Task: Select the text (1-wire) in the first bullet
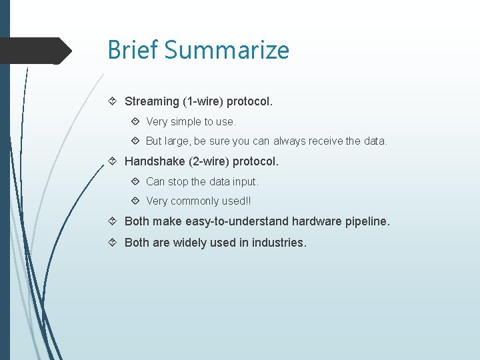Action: pyautogui.click(x=203, y=101)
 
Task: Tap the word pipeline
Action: pyautogui.click(x=367, y=221)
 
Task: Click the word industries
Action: pyautogui.click(x=279, y=243)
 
